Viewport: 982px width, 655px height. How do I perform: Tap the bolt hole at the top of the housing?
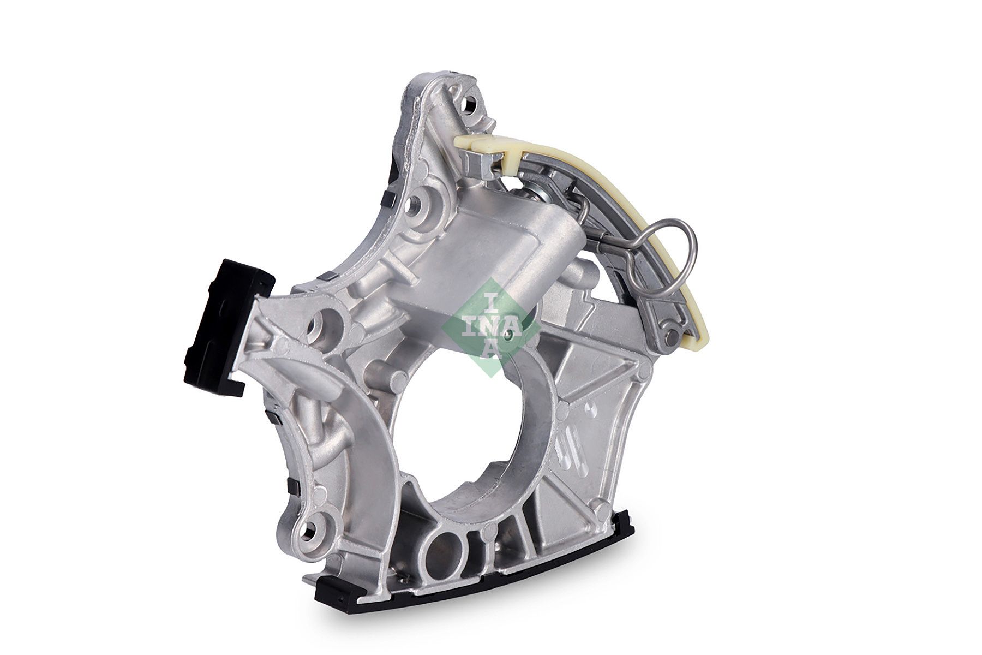468,104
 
